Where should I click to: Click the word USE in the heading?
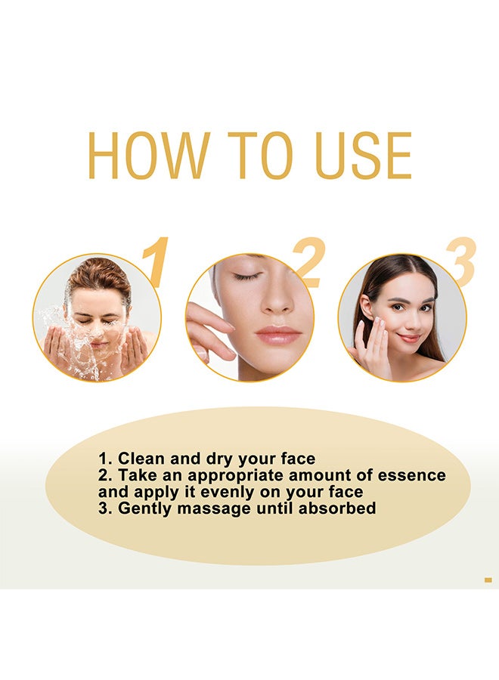click(364, 156)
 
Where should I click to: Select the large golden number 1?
click(155, 263)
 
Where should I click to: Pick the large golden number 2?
click(308, 263)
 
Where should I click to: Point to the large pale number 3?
click(460, 263)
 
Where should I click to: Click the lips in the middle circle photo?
click(278, 335)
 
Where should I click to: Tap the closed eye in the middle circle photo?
click(246, 277)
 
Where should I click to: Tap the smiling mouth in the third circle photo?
click(409, 338)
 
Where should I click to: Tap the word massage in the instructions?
click(212, 508)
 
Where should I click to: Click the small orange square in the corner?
click(488, 580)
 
